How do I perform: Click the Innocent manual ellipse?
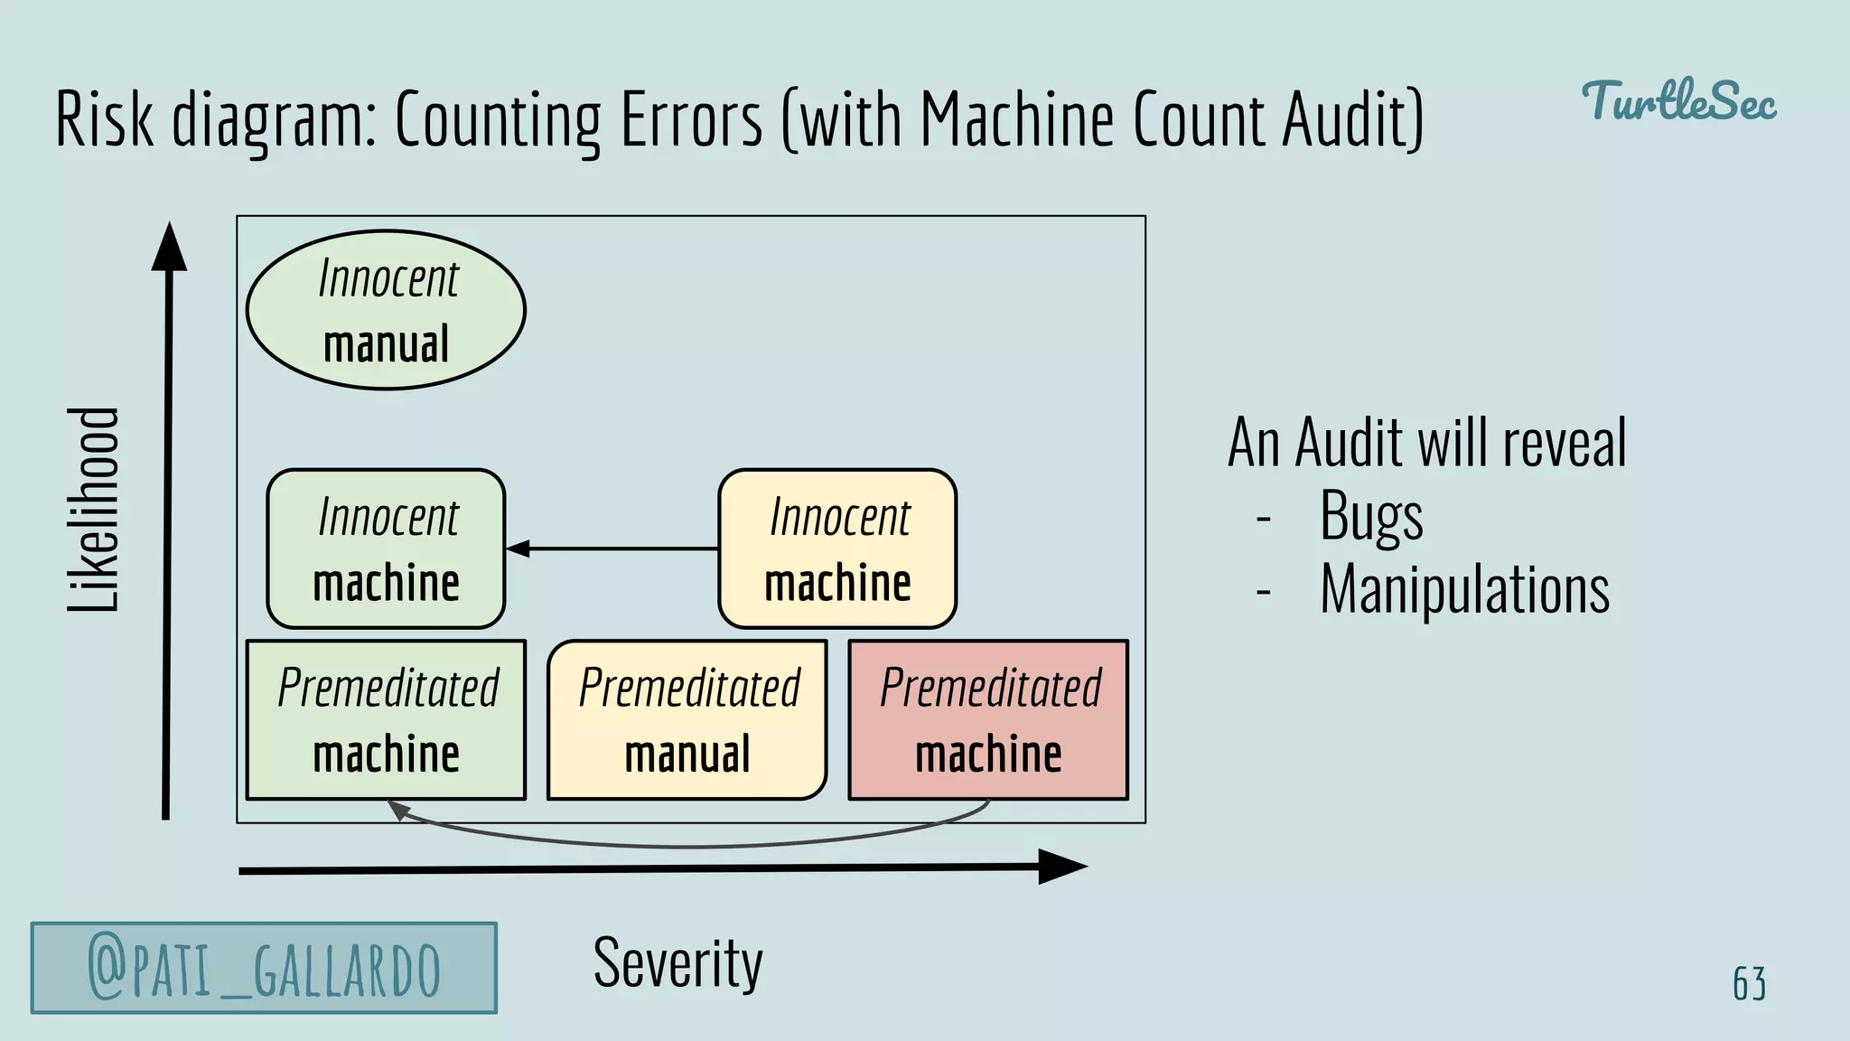386,310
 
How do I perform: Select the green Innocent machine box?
386,549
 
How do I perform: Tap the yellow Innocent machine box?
837,549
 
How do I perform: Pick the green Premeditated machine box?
386,720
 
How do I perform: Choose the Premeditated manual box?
687,720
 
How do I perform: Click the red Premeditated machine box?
988,720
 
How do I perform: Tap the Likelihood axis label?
93,510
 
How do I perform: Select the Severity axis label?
677,963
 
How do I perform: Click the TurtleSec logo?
1678,101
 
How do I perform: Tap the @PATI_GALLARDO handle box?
264,968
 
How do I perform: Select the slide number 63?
1749,983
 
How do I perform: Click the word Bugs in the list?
1370,516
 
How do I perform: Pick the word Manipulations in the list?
1464,589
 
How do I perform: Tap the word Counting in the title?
498,119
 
